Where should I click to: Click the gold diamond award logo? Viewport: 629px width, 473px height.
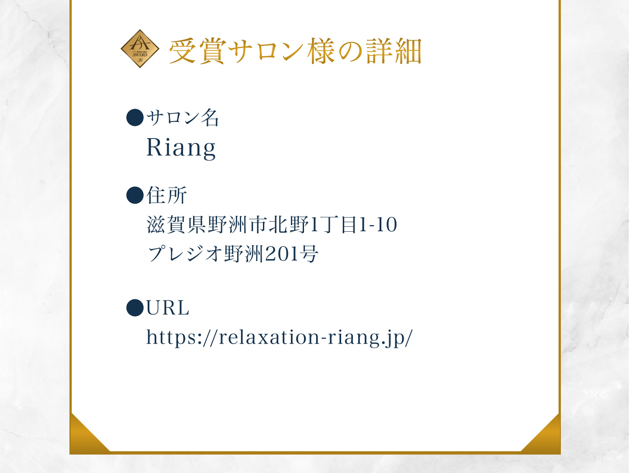[x=140, y=49]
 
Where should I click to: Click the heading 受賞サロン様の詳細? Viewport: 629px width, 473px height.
[x=295, y=51]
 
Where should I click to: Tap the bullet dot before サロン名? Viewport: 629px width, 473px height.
[x=135, y=118]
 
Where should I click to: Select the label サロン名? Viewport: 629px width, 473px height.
[x=183, y=118]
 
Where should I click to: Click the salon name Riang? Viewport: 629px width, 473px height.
[x=181, y=148]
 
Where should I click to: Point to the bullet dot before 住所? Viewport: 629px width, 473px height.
[x=135, y=195]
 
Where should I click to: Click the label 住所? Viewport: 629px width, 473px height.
[x=167, y=195]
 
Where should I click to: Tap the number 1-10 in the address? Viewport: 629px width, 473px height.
[x=378, y=224]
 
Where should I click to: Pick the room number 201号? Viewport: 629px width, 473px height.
[x=291, y=254]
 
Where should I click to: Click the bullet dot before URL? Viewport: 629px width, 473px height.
[x=135, y=308]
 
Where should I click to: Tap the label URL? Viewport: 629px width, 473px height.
[x=168, y=308]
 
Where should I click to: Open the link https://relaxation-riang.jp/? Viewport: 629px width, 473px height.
[x=280, y=337]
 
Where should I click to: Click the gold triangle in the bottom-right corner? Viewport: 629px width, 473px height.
[x=540, y=434]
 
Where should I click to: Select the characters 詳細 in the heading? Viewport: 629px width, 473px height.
[x=394, y=51]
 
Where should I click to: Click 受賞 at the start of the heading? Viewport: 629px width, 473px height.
[x=198, y=51]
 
